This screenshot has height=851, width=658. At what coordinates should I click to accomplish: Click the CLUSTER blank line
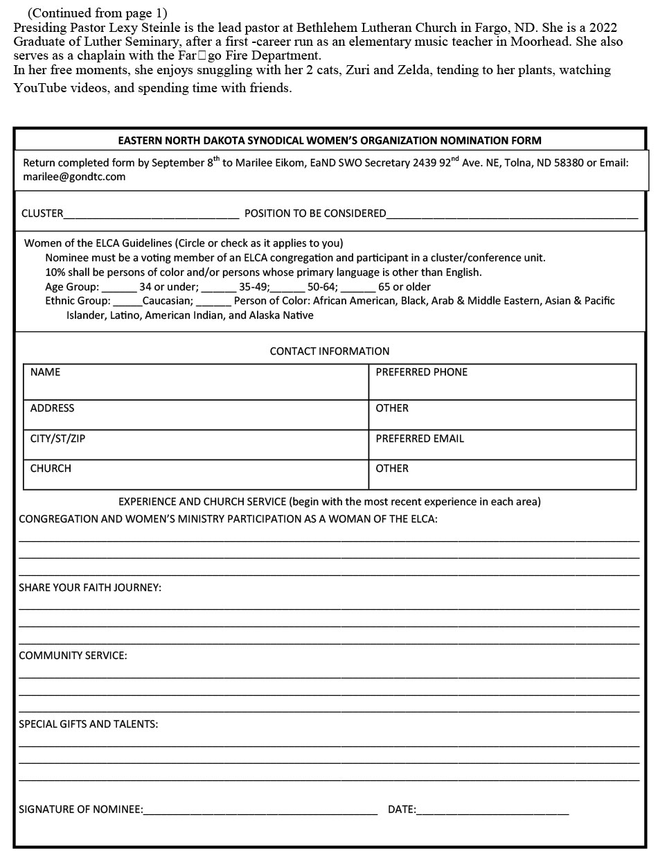click(151, 215)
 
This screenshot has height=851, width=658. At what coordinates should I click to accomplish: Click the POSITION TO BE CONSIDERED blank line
click(512, 215)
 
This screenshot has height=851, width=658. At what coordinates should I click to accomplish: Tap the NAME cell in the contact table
click(196, 382)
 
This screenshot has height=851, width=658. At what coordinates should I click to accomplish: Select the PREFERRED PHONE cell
click(502, 382)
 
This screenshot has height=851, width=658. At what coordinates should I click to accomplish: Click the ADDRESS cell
click(196, 414)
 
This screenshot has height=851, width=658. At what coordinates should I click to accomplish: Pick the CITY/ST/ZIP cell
click(196, 445)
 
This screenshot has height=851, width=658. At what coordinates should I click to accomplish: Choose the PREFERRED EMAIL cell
click(502, 445)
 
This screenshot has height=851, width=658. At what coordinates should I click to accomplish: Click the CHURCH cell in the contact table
click(196, 475)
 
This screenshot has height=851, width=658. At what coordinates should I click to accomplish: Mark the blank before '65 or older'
click(358, 288)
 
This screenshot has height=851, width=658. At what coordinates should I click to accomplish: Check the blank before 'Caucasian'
click(127, 302)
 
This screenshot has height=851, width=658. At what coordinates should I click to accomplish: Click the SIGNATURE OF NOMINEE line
click(260, 811)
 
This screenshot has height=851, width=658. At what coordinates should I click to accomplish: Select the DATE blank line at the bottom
click(492, 811)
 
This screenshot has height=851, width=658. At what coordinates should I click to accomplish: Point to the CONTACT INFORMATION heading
click(330, 351)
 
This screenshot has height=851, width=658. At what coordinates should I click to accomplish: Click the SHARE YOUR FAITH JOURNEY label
click(90, 588)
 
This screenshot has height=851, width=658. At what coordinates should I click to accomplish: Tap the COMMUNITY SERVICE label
click(73, 656)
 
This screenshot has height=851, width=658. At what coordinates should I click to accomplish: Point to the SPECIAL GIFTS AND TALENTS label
click(88, 724)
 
